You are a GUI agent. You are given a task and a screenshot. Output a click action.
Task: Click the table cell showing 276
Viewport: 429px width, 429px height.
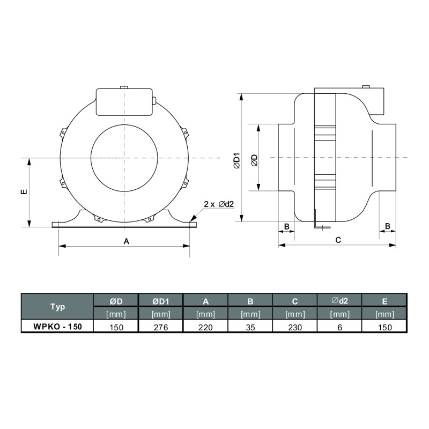[160, 327]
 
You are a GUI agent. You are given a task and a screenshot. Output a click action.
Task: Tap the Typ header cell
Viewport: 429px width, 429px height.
[57, 307]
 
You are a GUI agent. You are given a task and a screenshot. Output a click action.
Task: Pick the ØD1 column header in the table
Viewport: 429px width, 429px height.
[160, 300]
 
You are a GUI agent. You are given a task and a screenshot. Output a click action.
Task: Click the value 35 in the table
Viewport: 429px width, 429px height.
[250, 327]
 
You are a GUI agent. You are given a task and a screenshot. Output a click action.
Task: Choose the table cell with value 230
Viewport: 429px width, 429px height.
[295, 327]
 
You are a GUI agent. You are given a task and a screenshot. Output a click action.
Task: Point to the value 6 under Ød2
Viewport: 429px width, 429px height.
[339, 327]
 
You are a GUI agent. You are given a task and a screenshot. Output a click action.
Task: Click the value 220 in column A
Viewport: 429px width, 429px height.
[205, 327]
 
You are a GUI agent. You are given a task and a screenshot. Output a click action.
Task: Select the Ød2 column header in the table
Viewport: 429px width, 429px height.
[339, 300]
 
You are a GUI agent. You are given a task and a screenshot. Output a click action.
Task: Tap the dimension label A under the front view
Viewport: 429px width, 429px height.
[127, 241]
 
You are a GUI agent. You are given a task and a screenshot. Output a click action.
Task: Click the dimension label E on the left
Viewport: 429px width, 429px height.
[23, 192]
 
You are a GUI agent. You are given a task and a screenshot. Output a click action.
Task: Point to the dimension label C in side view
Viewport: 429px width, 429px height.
[338, 240]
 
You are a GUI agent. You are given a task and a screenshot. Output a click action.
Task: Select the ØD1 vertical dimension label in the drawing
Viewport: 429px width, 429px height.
[236, 161]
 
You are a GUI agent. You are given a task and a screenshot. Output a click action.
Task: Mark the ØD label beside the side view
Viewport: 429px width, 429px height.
[254, 160]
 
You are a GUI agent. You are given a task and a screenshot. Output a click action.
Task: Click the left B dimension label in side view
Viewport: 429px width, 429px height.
[286, 227]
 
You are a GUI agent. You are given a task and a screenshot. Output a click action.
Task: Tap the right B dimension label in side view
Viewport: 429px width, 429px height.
[388, 227]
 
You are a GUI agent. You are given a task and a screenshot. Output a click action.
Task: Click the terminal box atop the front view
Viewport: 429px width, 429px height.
[124, 102]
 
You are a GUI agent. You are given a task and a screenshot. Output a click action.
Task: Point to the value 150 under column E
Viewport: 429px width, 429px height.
[384, 327]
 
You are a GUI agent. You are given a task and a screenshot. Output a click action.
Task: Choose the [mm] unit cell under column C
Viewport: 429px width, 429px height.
[295, 314]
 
